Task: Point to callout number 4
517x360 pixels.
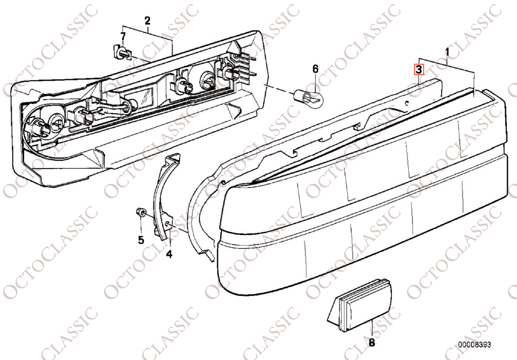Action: [x=169, y=254]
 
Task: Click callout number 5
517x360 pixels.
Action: [x=141, y=239]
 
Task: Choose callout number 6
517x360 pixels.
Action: [x=315, y=69]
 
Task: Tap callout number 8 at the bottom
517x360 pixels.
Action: [x=372, y=343]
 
